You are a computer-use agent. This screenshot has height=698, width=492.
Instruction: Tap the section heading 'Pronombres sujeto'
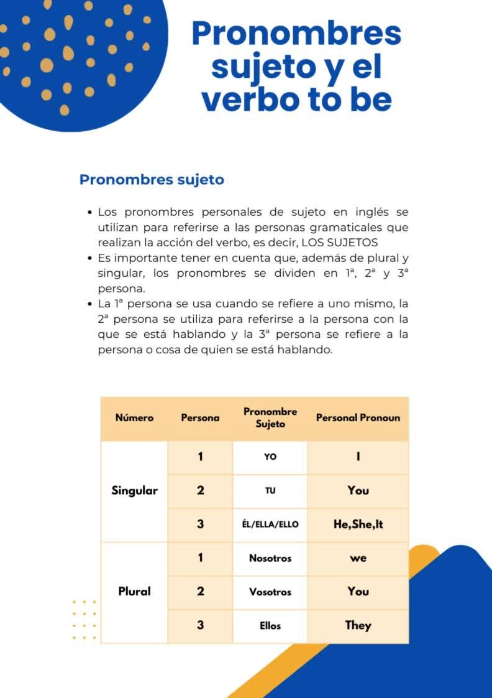pyautogui.click(x=152, y=180)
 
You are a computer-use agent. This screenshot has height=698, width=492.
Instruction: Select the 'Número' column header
pyautogui.click(x=134, y=418)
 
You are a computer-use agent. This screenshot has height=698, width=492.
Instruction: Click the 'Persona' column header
pyautogui.click(x=200, y=418)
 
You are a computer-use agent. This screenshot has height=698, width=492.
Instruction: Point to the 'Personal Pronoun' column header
pyautogui.click(x=358, y=418)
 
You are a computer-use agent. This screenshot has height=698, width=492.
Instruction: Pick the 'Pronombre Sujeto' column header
pyautogui.click(x=270, y=417)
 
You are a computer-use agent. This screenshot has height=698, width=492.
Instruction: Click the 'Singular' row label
pyautogui.click(x=135, y=490)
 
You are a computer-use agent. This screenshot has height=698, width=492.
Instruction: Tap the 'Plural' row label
pyautogui.click(x=134, y=591)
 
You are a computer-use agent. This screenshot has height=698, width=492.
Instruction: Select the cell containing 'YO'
pyautogui.click(x=270, y=457)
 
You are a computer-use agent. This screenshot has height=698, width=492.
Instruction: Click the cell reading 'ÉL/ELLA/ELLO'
pyautogui.click(x=270, y=524)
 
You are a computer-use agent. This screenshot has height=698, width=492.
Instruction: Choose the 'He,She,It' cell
pyautogui.click(x=358, y=524)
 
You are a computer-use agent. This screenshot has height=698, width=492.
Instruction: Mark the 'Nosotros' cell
pyautogui.click(x=270, y=558)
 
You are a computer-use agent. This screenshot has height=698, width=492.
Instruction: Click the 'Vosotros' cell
pyautogui.click(x=270, y=592)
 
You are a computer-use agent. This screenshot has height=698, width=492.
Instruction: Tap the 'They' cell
pyautogui.click(x=358, y=625)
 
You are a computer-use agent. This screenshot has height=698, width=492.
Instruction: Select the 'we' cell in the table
pyautogui.click(x=358, y=558)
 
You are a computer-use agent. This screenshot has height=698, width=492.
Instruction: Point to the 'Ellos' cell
pyautogui.click(x=270, y=626)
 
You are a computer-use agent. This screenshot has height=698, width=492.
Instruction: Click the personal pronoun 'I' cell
pyautogui.click(x=358, y=457)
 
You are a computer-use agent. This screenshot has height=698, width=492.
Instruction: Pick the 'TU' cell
pyautogui.click(x=270, y=491)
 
